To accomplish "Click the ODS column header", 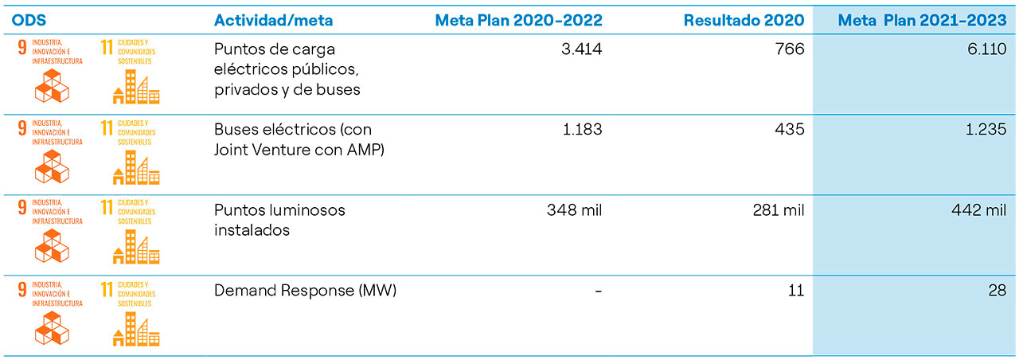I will (x=30, y=20).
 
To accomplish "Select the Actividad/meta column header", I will (x=273, y=20).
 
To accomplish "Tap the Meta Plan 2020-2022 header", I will (x=518, y=20).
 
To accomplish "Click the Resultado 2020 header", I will (x=744, y=20).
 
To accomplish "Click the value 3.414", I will (x=581, y=49).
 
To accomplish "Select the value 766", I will (x=790, y=49).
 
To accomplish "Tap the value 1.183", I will (x=581, y=130).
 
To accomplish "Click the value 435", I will (x=790, y=130).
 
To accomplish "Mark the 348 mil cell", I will (x=574, y=210).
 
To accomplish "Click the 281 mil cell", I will (x=778, y=210).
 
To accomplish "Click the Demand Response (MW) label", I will (x=305, y=291).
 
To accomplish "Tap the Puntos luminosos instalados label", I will (x=279, y=220).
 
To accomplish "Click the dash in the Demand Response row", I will (x=597, y=292).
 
